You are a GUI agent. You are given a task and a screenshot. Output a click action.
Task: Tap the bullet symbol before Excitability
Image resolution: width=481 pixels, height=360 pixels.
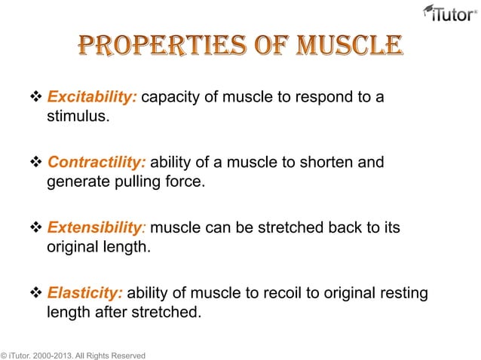[x=38, y=98]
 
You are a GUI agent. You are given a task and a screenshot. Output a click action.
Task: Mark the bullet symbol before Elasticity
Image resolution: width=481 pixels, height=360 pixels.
[x=38, y=292]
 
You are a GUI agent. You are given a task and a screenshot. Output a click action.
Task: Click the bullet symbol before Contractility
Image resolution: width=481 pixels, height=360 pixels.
[x=38, y=163]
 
